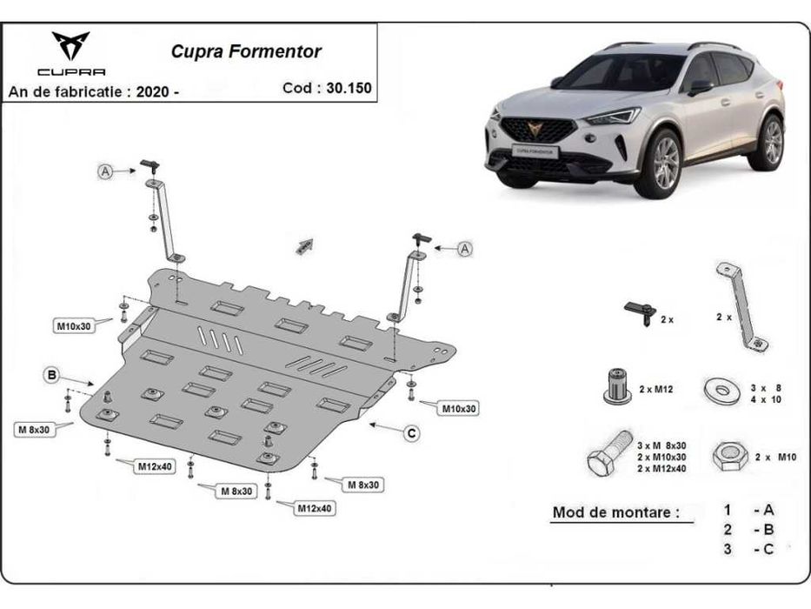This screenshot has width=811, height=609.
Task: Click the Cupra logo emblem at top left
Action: pos(70,46)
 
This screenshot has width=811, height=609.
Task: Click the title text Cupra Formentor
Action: pos(246,51)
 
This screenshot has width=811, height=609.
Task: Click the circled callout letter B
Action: pos(51,375)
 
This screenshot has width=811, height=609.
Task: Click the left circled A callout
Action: pos(105,172)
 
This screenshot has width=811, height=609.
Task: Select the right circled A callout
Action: pos(465,250)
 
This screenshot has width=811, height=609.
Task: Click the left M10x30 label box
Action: pos(74,326)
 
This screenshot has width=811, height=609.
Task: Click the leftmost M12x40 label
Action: pos(154,466)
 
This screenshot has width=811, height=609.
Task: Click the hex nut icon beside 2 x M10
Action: pos(726,456)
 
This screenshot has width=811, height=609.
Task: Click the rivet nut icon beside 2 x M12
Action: pos(615,386)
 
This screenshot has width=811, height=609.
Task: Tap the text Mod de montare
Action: pos(615,512)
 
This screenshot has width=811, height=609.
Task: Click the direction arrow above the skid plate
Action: pos(303,247)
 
